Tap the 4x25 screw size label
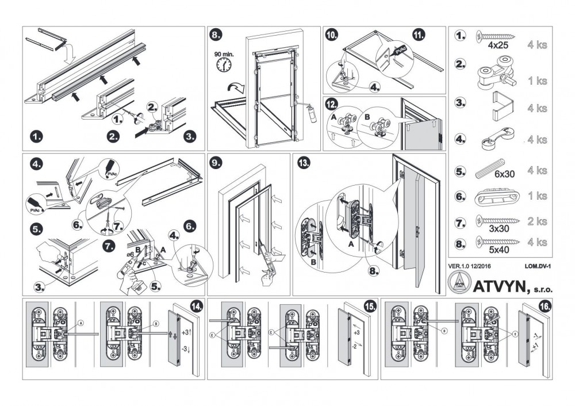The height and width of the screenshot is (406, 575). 498,44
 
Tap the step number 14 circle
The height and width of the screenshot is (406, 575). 196,307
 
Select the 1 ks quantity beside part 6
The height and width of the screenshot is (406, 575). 537,196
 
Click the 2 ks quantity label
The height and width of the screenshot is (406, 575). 537,222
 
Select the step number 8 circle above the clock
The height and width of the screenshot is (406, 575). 215,36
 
